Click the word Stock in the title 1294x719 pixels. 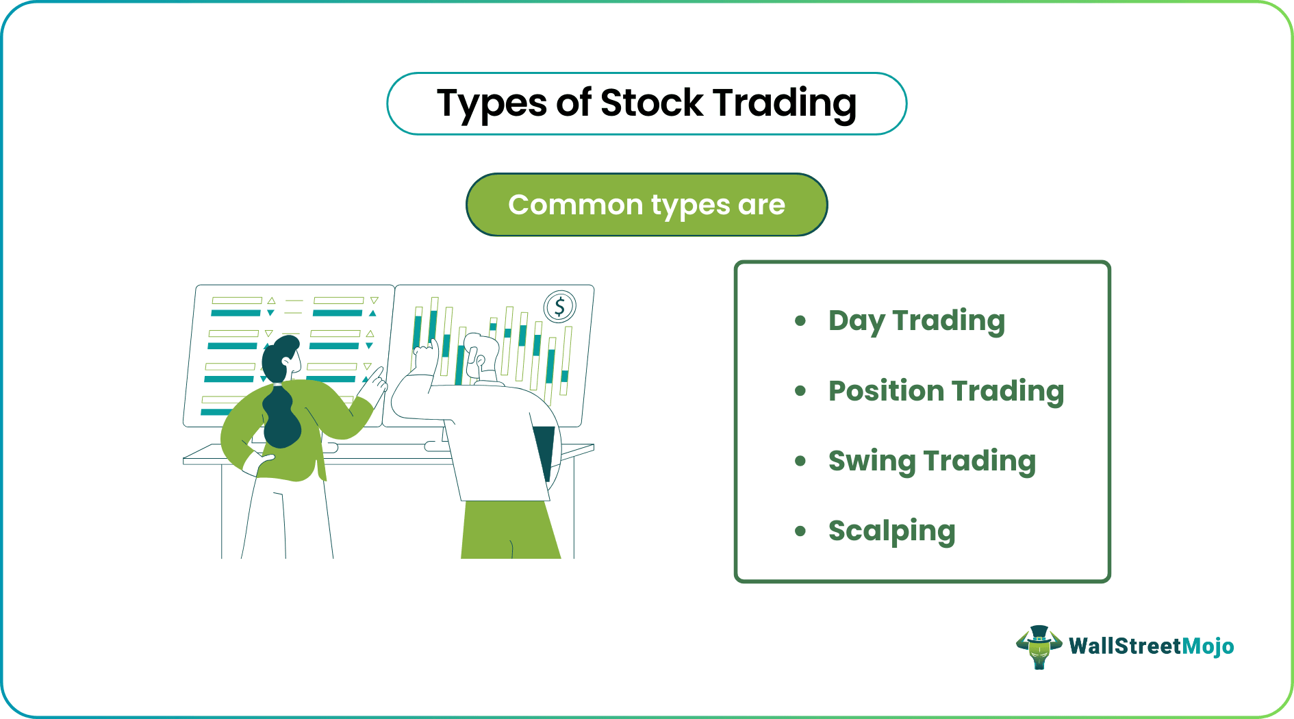point(651,103)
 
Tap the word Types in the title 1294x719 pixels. point(492,103)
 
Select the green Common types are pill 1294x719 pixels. point(646,205)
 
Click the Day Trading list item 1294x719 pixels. point(916,320)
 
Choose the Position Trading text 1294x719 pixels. point(946,391)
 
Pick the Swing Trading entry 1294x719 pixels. point(931,461)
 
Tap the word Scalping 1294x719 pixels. point(891,531)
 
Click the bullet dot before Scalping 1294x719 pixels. point(800,531)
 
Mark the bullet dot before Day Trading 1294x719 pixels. point(800,320)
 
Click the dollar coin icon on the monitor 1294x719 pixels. point(559,306)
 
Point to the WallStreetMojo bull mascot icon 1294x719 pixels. point(1039,646)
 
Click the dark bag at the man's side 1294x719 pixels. point(546,449)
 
